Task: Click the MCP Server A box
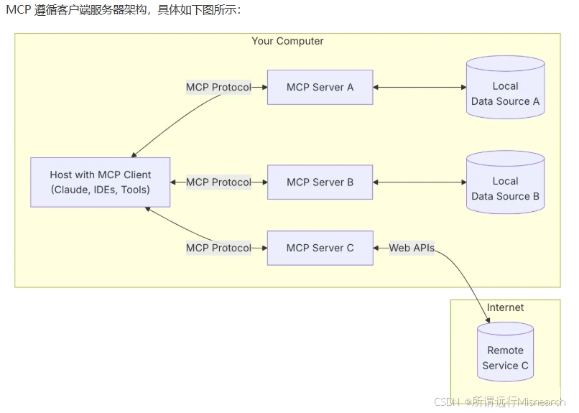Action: tap(320, 87)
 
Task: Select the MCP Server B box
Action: tap(320, 182)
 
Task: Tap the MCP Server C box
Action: tap(320, 248)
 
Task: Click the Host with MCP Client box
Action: tap(101, 182)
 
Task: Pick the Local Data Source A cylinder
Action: tap(505, 88)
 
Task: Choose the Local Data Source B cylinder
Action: tap(505, 182)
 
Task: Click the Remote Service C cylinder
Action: tap(505, 352)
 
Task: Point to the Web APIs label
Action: tap(412, 248)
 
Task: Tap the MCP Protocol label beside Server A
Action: tap(218, 87)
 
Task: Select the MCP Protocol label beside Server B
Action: tap(218, 182)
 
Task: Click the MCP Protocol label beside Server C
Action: tap(218, 248)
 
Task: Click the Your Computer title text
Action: tap(287, 41)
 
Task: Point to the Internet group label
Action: tap(505, 307)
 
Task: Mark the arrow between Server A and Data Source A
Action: tap(420, 87)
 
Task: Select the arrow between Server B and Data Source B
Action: tap(420, 182)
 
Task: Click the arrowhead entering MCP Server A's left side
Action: tap(265, 87)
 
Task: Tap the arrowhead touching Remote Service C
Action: tap(488, 320)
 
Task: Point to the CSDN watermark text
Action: tap(500, 402)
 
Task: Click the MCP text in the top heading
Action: tap(19, 9)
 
